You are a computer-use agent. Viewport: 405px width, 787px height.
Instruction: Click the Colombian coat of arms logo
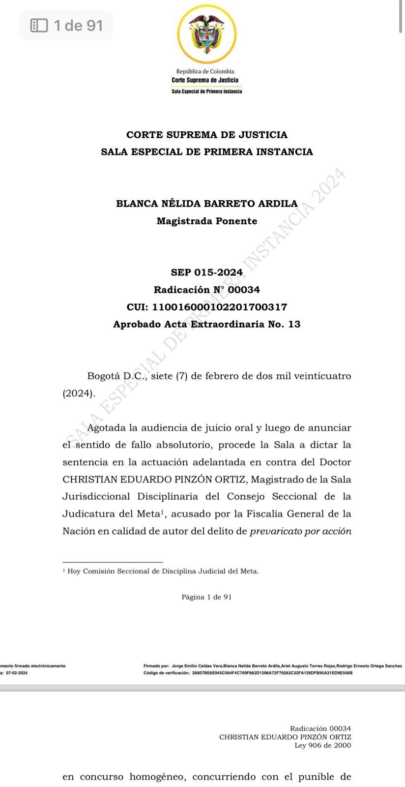207,34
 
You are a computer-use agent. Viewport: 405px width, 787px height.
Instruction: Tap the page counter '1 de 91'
78,25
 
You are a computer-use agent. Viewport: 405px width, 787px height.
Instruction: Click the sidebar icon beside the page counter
39,25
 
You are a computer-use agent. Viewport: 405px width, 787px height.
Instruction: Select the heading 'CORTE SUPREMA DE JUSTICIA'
207,135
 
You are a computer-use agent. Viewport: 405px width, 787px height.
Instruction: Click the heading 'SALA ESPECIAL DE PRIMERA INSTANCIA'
207,152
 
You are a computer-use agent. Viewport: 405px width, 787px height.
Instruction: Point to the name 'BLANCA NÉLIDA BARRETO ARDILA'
207,204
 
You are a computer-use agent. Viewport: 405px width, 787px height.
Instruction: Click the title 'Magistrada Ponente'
207,221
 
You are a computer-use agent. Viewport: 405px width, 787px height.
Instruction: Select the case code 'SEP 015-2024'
207,272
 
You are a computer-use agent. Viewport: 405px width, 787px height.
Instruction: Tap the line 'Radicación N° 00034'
207,290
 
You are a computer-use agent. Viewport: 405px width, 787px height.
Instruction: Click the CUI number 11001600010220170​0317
207,307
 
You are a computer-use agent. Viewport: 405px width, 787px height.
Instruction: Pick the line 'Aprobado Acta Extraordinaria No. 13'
207,324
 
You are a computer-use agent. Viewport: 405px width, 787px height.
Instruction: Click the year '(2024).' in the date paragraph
79,393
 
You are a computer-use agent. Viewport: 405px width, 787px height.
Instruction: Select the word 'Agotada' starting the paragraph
106,428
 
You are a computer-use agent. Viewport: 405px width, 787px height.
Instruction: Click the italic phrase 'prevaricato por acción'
301,531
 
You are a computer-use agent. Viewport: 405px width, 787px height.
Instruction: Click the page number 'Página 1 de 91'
207,597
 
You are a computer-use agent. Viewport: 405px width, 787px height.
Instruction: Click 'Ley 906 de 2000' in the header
323,746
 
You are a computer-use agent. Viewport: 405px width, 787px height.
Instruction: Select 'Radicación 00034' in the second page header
320,728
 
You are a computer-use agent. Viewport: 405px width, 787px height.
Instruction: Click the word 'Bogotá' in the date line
103,376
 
